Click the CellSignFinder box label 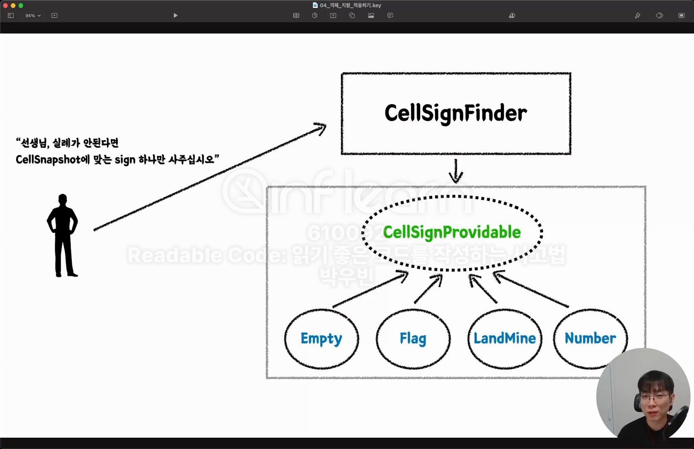(455, 113)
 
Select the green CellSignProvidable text (452, 232)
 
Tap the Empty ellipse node (321, 338)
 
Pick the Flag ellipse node (413, 338)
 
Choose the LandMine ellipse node (505, 338)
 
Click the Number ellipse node (590, 338)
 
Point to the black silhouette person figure (62, 235)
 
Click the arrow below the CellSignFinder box (456, 171)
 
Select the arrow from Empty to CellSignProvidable (370, 290)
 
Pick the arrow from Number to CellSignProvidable (531, 289)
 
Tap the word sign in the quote (125, 160)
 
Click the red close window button (5, 5)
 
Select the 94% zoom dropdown (33, 15)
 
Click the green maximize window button (21, 5)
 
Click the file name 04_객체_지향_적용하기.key (350, 5)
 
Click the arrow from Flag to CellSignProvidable (428, 289)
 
